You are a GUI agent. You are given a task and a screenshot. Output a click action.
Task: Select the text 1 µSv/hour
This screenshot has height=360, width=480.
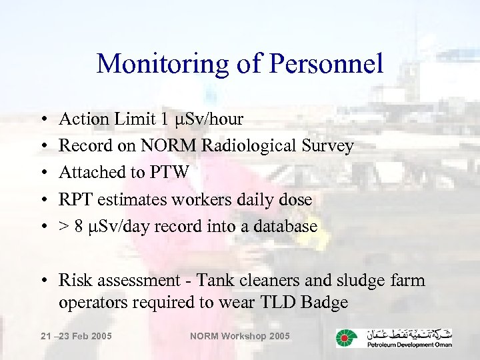[x=202, y=119]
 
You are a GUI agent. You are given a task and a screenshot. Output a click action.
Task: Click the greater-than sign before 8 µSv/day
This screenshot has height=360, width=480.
[x=64, y=227]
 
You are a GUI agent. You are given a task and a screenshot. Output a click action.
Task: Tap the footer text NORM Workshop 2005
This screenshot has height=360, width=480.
[x=240, y=336]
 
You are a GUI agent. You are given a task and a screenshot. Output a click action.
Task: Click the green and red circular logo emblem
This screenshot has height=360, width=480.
[x=346, y=337]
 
